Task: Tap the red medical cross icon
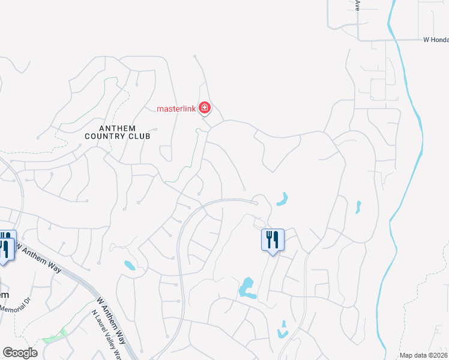(205, 108)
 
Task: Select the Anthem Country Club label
(118, 132)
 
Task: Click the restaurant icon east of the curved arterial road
(273, 239)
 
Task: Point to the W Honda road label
(435, 40)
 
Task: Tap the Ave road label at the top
(358, 5)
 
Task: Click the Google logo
(20, 353)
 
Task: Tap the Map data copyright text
(424, 355)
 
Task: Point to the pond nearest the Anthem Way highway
(130, 265)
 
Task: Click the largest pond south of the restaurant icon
(247, 287)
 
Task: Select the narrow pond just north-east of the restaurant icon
(283, 199)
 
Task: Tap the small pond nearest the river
(358, 207)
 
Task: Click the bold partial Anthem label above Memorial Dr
(4, 295)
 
